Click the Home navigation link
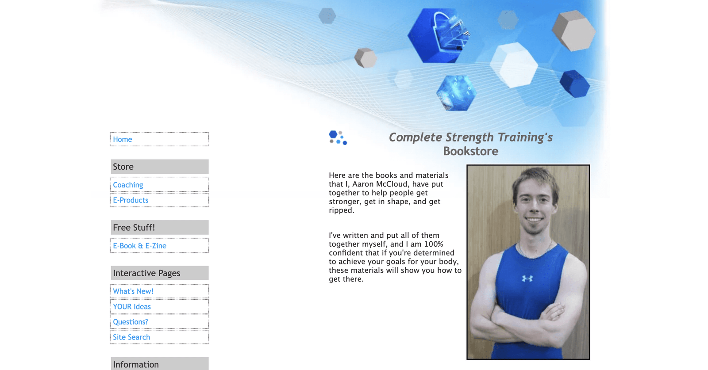[x=122, y=139]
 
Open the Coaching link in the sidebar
[x=128, y=185]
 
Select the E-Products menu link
[x=131, y=200]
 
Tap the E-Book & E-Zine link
[x=139, y=246]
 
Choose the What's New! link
[x=133, y=291]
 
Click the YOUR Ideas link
[x=132, y=306]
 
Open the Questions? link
[x=130, y=322]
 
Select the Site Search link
[x=131, y=337]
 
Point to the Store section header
[x=160, y=166]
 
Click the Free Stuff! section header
[x=160, y=227]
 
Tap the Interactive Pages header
[x=160, y=273]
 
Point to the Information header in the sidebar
[x=160, y=364]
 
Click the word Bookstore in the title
[x=471, y=151]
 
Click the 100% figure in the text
[x=434, y=244]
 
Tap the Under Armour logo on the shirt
[x=527, y=278]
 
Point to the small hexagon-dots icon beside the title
[x=338, y=137]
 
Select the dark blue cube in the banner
[x=575, y=84]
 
